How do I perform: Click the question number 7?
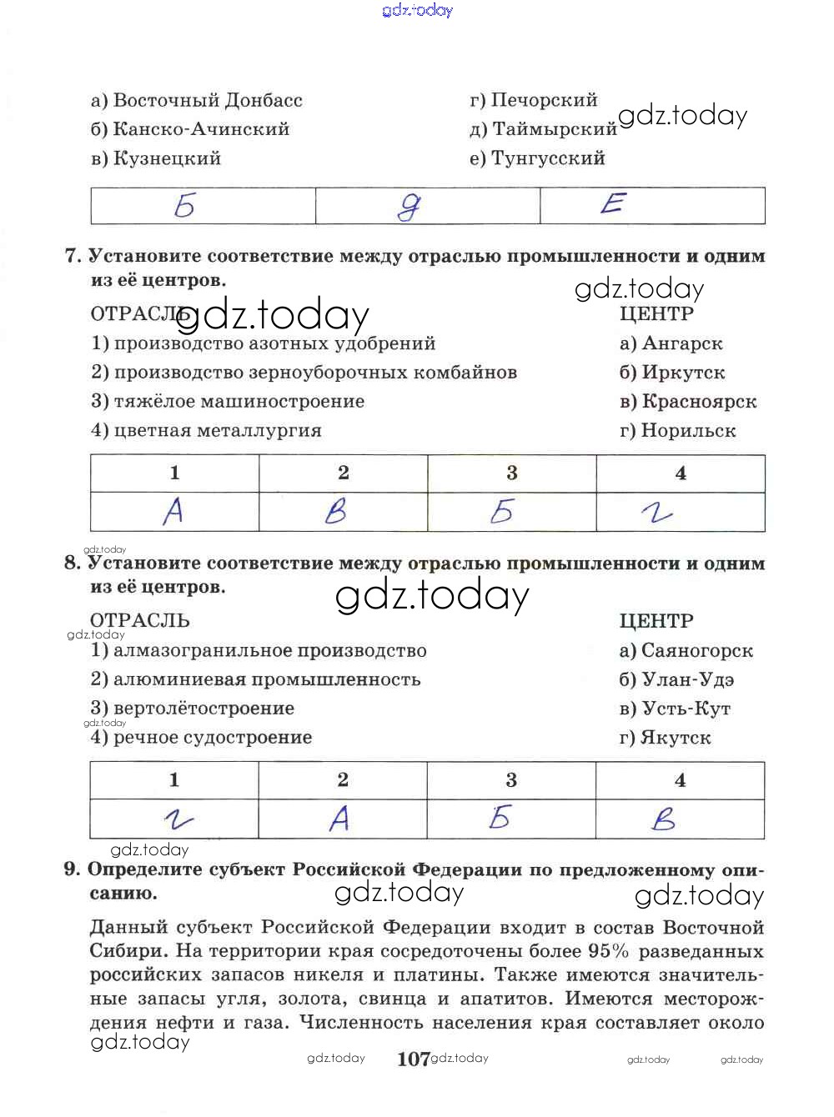click(x=73, y=256)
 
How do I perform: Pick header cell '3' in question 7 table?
click(x=512, y=473)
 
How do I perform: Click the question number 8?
click(x=73, y=563)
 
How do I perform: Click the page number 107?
click(x=414, y=1059)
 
